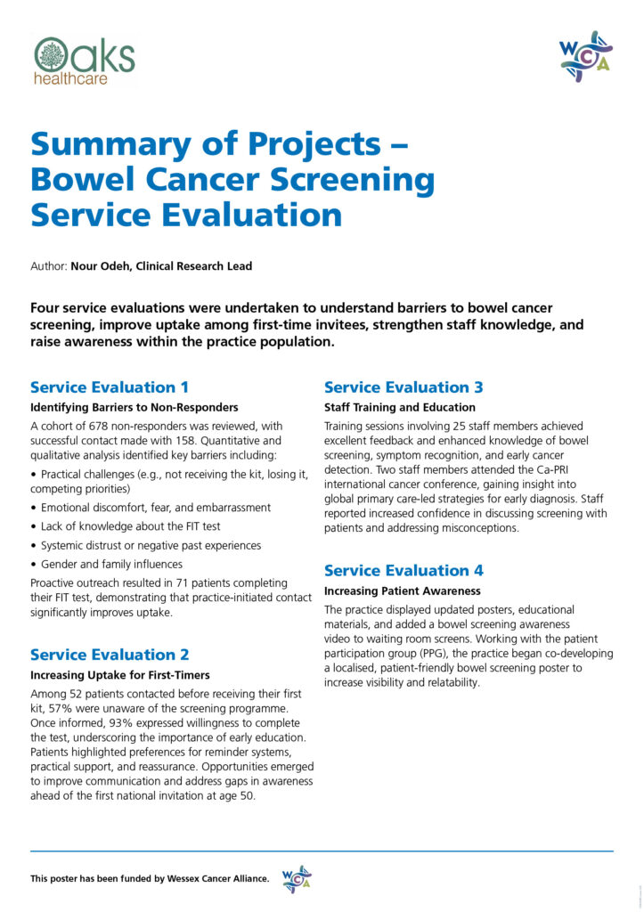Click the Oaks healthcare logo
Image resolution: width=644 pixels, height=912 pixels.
(x=85, y=60)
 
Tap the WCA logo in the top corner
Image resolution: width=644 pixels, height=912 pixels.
(x=585, y=56)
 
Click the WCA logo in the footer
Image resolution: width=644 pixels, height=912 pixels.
(x=296, y=878)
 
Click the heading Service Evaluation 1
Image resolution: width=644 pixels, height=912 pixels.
(x=110, y=387)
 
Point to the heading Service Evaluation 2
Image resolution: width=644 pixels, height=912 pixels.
(x=110, y=655)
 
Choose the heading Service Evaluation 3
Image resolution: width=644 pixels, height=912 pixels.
(x=404, y=387)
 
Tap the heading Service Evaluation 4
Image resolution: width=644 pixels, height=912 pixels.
(x=404, y=570)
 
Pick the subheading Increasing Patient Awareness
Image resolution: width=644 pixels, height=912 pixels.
(x=402, y=590)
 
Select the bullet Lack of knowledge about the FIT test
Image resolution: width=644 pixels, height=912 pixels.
(x=132, y=526)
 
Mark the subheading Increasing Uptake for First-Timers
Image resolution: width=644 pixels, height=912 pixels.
(x=120, y=674)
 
